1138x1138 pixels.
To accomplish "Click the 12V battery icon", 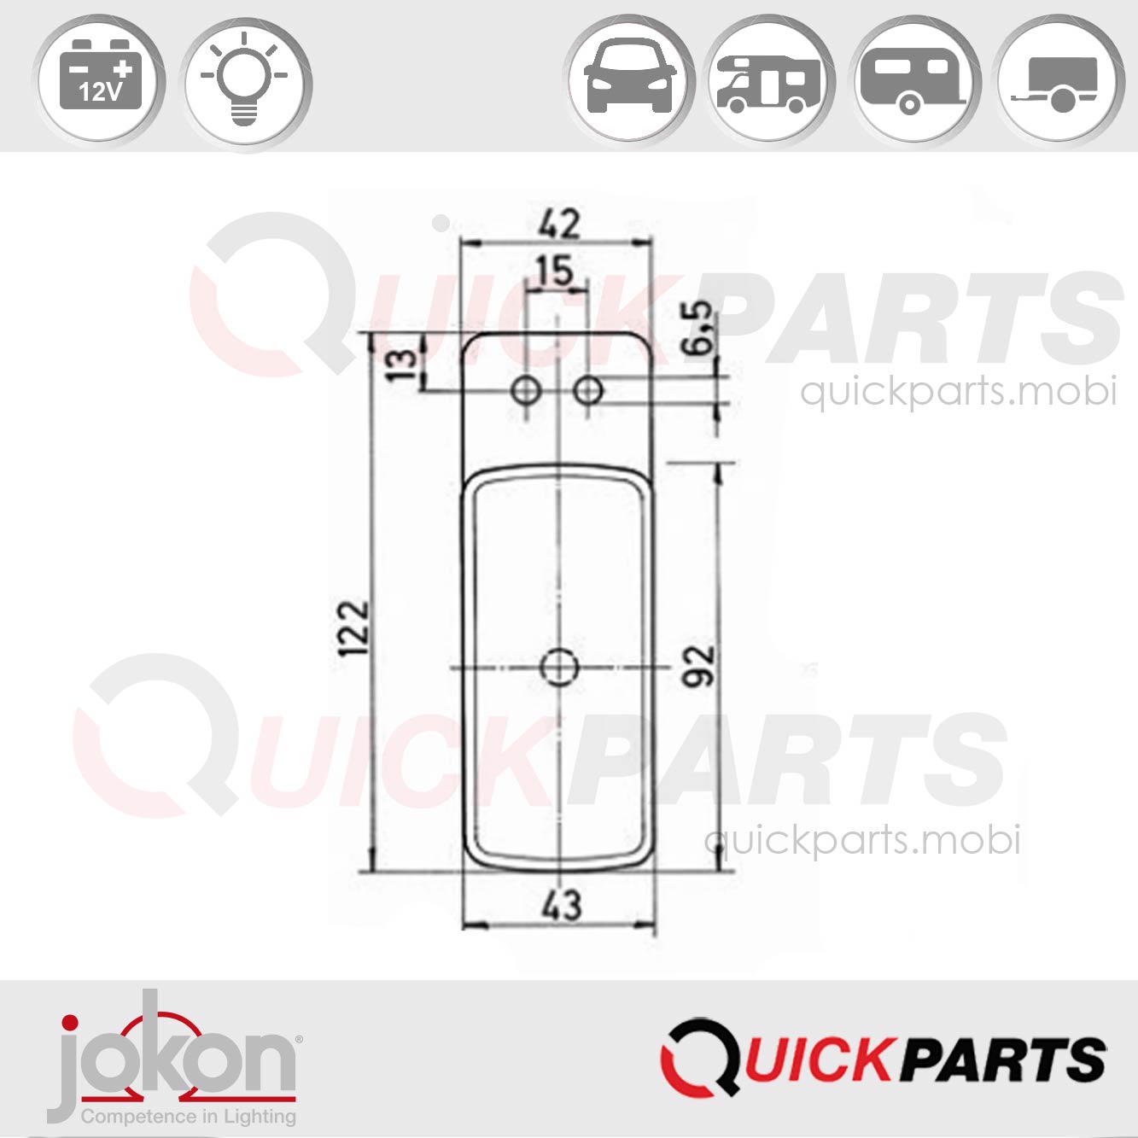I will tap(100, 83).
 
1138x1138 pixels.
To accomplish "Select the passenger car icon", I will tap(630, 79).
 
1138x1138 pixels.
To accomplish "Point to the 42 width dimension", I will tap(559, 225).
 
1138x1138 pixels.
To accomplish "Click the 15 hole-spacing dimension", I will tap(555, 271).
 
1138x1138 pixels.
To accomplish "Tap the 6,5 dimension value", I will tap(700, 328).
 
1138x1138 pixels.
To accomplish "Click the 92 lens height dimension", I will tap(699, 666).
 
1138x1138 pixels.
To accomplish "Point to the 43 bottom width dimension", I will tap(561, 905).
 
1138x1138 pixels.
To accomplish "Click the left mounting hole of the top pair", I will tap(526, 392).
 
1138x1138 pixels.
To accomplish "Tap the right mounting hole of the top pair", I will tap(588, 392).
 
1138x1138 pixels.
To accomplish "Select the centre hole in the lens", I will tap(560, 667).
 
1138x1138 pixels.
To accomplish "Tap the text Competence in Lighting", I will tap(189, 1116).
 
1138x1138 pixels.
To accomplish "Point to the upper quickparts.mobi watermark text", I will tap(958, 392).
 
